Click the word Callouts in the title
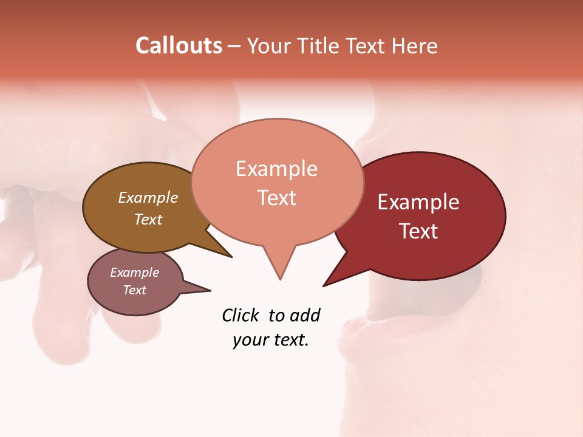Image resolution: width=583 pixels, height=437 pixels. [x=179, y=46]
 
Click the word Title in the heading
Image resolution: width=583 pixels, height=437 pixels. [x=320, y=46]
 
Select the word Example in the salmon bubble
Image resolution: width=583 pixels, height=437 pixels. [x=276, y=169]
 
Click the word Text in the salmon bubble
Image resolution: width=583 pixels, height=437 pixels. [x=276, y=198]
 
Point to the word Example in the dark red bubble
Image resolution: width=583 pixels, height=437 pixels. [x=418, y=202]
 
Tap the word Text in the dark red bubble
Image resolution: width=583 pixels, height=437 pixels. [x=418, y=231]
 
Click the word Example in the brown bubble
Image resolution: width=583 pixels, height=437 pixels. [x=148, y=198]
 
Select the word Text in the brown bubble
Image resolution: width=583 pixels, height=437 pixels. [x=148, y=219]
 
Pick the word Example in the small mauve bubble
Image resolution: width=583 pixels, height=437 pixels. [x=134, y=273]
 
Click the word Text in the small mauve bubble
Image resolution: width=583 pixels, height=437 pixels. [x=134, y=290]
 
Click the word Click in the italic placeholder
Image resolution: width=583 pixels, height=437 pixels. [x=241, y=316]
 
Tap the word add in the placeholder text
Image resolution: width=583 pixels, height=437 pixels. [x=304, y=316]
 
